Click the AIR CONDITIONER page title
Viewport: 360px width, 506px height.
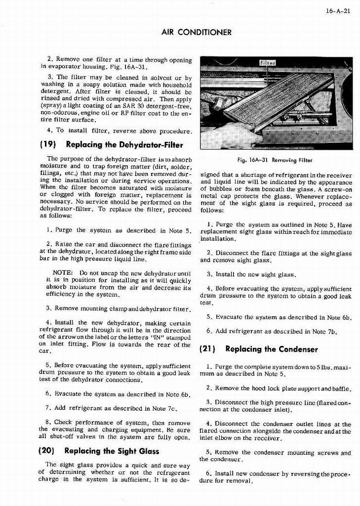(197, 33)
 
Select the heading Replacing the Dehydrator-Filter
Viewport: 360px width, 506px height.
(124, 145)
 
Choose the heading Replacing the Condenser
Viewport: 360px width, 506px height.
(271, 349)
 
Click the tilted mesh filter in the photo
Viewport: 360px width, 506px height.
(279, 99)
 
